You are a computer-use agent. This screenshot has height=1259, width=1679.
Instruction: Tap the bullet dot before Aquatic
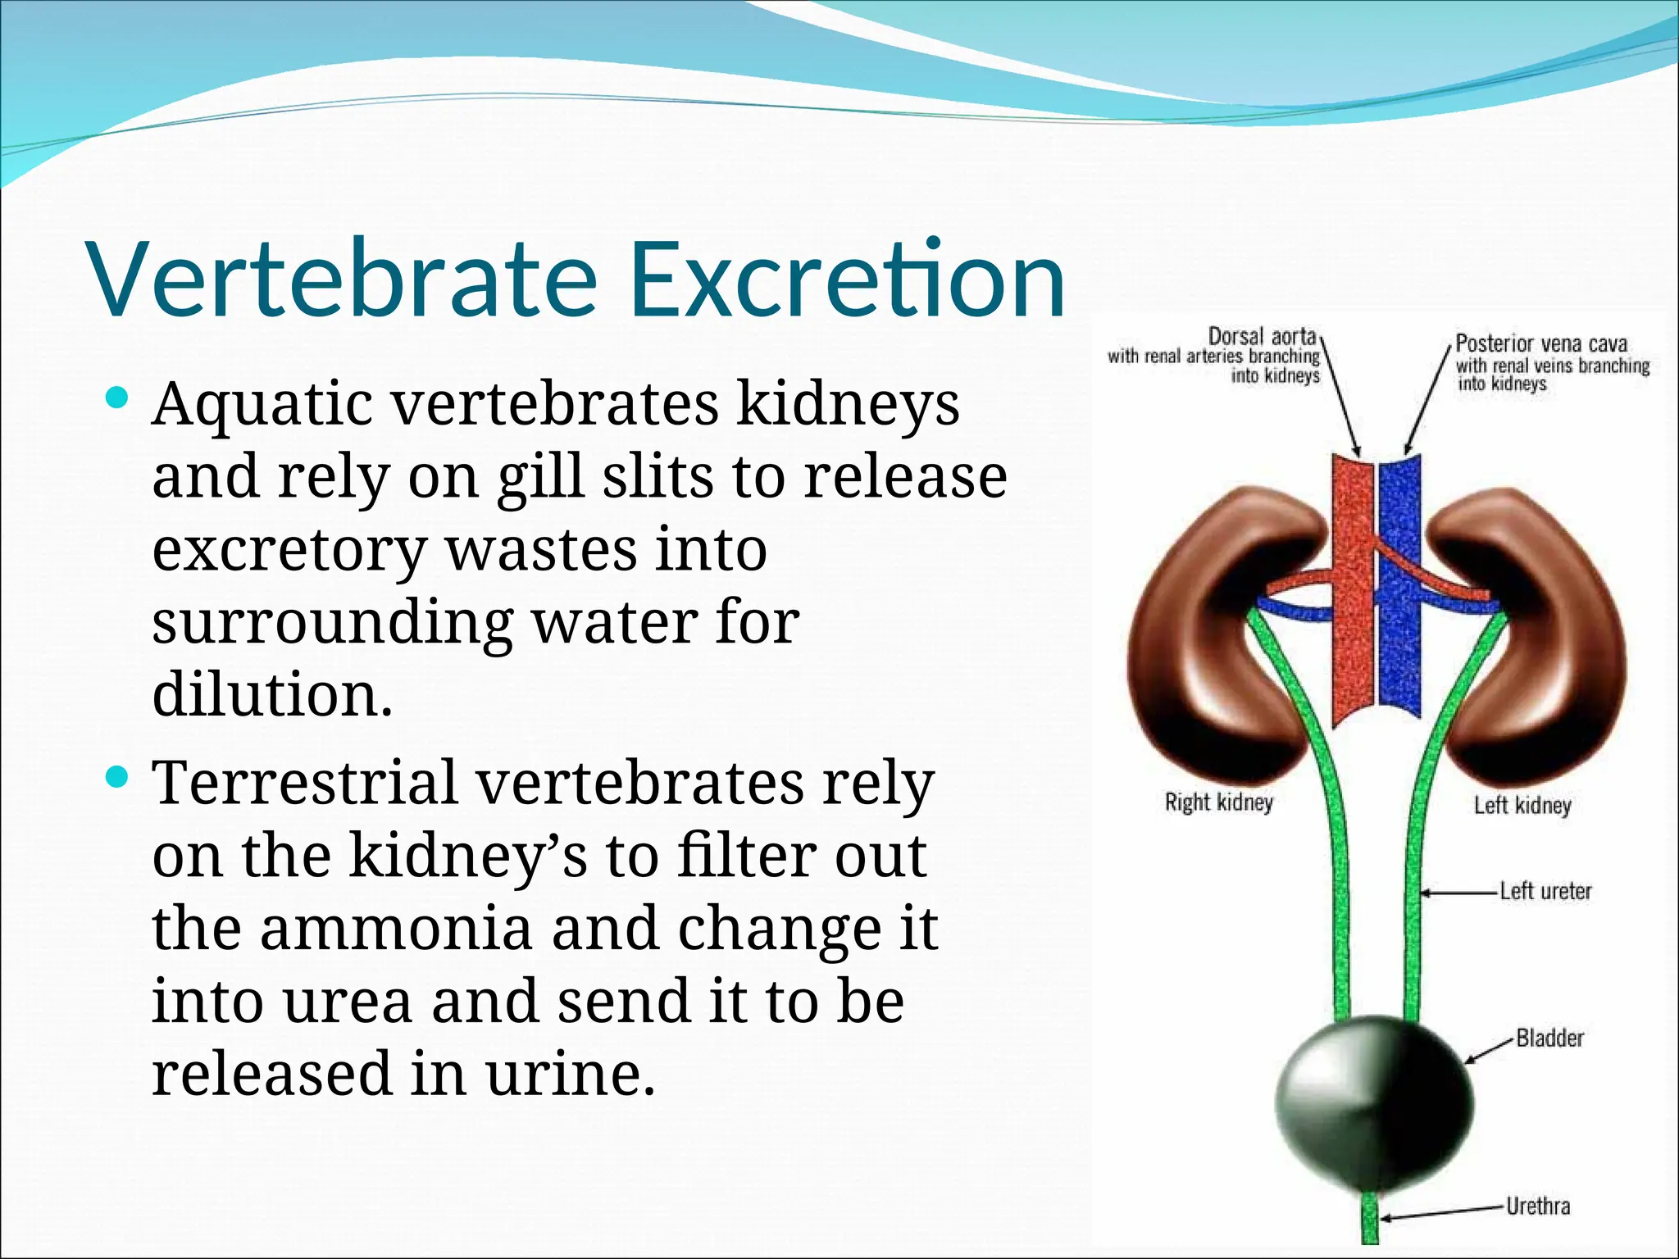pyautogui.click(x=118, y=399)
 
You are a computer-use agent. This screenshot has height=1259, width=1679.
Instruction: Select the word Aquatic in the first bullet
pyautogui.click(x=262, y=406)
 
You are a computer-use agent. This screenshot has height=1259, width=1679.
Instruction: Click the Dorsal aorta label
pyautogui.click(x=1263, y=336)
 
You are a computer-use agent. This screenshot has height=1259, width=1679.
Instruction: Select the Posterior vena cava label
pyautogui.click(x=1540, y=343)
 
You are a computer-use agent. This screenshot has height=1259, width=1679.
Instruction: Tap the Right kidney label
pyautogui.click(x=1218, y=802)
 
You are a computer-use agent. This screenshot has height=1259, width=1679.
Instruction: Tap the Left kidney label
pyautogui.click(x=1522, y=805)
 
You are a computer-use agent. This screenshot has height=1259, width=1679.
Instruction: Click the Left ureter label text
pyautogui.click(x=1545, y=891)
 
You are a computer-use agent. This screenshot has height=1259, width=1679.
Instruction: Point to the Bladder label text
pyautogui.click(x=1549, y=1038)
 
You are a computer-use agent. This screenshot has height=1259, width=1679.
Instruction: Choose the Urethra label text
pyautogui.click(x=1538, y=1206)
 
